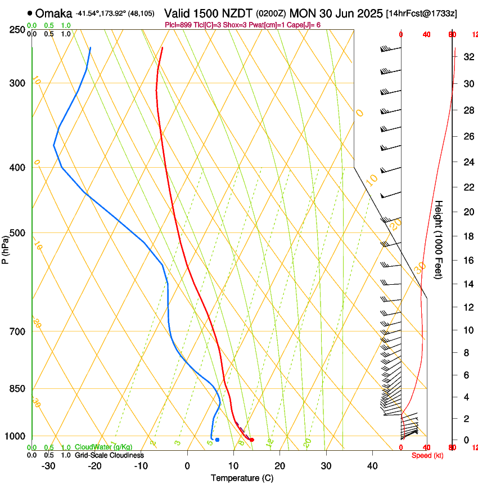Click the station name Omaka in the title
click(x=54, y=14)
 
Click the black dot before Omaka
click(x=30, y=13)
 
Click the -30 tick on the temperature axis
click(x=48, y=466)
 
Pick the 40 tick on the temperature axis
click(x=372, y=466)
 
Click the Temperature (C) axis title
click(x=242, y=478)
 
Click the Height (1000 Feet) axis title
click(x=439, y=239)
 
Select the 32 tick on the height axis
click(x=468, y=56)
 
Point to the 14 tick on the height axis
click(x=468, y=284)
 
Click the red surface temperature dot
click(x=251, y=440)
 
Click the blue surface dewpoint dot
click(x=217, y=440)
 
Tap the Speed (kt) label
click(x=427, y=455)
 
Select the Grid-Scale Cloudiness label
click(x=109, y=455)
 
